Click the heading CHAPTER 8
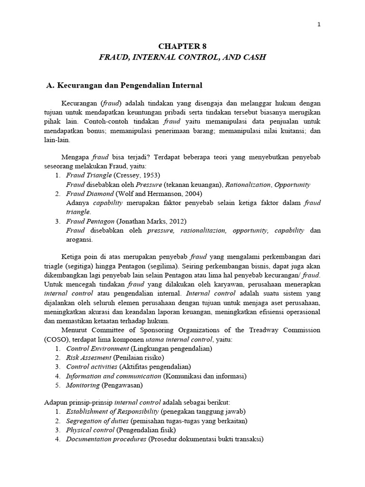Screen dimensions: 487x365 [x=182, y=46]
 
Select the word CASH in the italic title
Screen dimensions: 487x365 [x=254, y=57]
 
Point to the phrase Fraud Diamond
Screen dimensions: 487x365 [x=90, y=194]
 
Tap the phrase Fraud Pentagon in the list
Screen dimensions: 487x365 [x=91, y=221]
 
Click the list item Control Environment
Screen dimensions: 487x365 [x=98, y=348]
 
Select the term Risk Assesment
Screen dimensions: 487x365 [x=89, y=357]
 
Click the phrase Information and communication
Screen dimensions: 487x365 [x=114, y=376]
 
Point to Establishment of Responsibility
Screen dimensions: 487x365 [x=113, y=411]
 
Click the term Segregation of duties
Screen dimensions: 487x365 [x=97, y=421]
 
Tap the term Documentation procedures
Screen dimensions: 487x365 [x=106, y=439]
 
